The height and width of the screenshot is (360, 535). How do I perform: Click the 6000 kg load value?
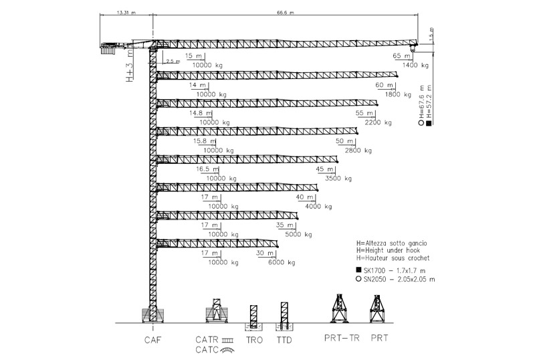[282, 263]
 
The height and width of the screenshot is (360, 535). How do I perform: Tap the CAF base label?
[153, 339]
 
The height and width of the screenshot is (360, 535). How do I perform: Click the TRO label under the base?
[253, 339]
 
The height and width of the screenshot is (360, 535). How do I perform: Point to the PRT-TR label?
[342, 339]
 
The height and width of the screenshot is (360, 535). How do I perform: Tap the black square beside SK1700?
[360, 269]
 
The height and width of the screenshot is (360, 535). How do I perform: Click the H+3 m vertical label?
[130, 68]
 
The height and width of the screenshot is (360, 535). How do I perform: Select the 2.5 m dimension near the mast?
[173, 61]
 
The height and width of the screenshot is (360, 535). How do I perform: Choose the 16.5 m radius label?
[208, 170]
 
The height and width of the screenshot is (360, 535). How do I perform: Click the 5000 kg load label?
[299, 235]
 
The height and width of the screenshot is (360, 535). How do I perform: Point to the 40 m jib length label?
[305, 198]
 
